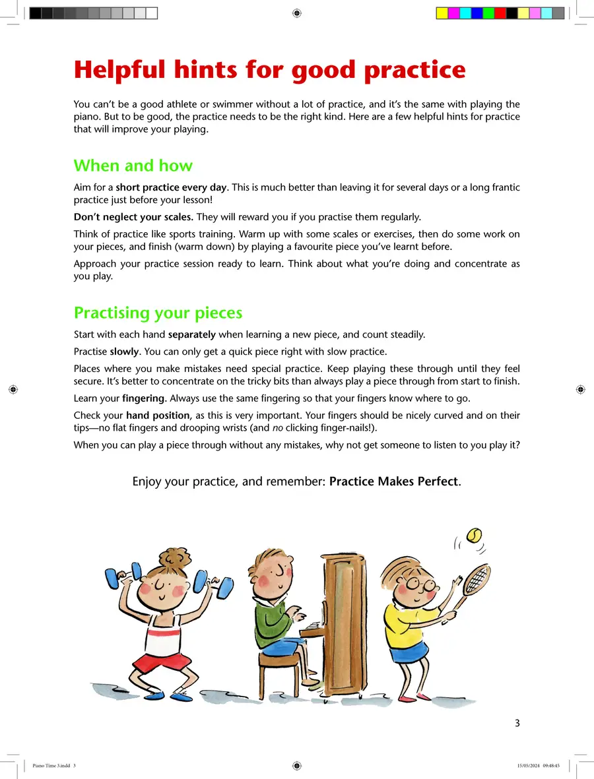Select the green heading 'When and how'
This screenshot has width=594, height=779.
pos(133,166)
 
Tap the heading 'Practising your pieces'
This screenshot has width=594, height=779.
pos(158,313)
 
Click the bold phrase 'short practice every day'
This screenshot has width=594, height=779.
pos(171,187)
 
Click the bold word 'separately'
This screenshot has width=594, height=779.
pos(192,334)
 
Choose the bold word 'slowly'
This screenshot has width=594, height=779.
pos(124,351)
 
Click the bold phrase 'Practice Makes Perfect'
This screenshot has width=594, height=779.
pos(393,482)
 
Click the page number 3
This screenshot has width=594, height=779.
pos(517,723)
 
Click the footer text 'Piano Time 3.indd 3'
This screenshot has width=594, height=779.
pos(54,766)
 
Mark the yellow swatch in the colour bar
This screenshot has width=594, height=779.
pos(442,13)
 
